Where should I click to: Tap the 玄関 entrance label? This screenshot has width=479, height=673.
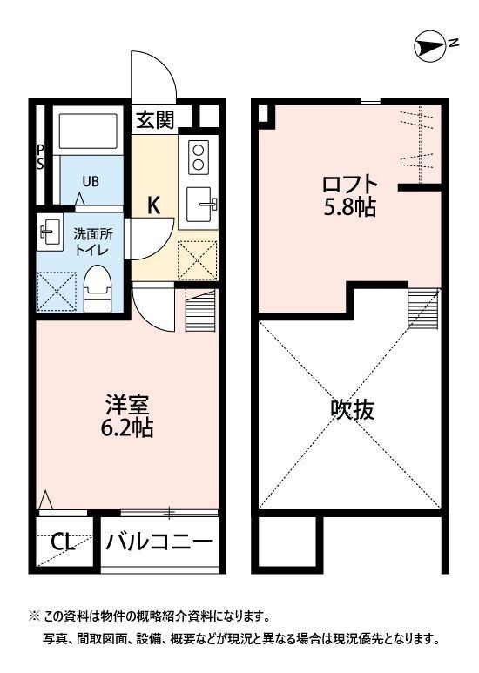pyautogui.click(x=155, y=119)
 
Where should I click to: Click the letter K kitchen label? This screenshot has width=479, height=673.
pyautogui.click(x=153, y=206)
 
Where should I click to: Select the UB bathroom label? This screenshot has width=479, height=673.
pyautogui.click(x=91, y=182)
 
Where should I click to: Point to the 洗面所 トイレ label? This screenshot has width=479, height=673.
pyautogui.click(x=91, y=241)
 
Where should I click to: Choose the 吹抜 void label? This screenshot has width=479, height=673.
pyautogui.click(x=353, y=409)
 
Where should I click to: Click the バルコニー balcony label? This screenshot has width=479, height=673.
pyautogui.click(x=159, y=542)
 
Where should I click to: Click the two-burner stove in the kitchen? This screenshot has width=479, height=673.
pyautogui.click(x=199, y=156)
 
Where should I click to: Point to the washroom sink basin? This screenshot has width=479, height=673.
pyautogui.click(x=49, y=232)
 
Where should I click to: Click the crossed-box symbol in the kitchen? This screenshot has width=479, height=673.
pyautogui.click(x=197, y=260)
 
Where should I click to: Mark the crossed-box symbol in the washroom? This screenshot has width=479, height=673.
pyautogui.click(x=57, y=288)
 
